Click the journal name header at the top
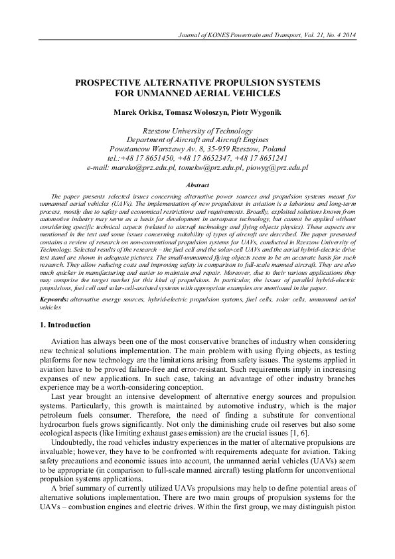[x=282, y=34]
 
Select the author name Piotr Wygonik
[x=238, y=112]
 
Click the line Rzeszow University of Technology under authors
[x=197, y=131]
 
